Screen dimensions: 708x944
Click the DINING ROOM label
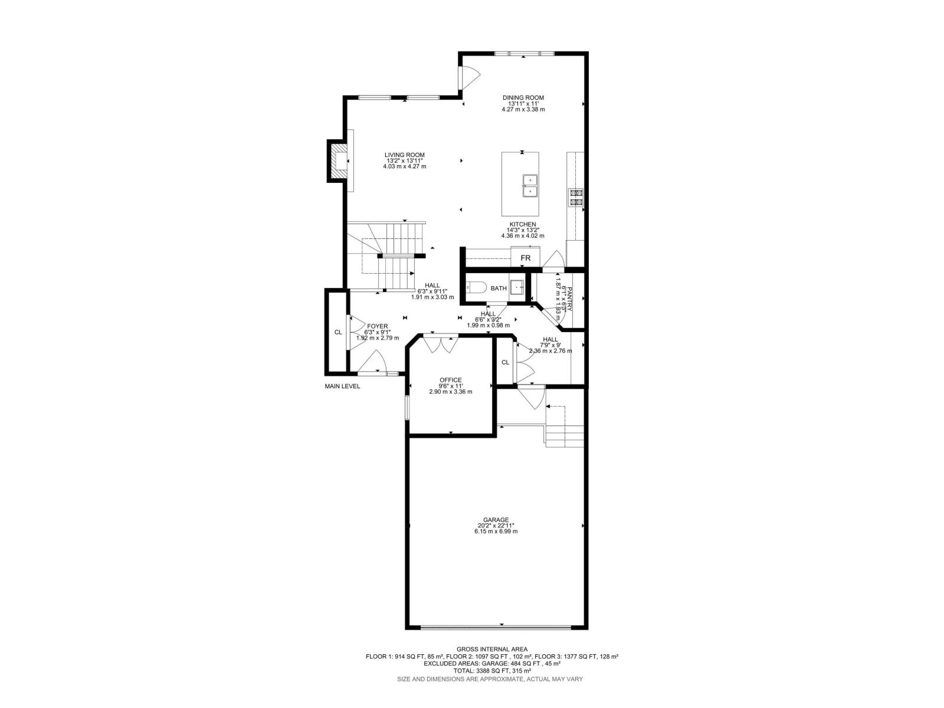(x=523, y=98)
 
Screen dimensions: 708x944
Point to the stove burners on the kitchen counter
(x=575, y=197)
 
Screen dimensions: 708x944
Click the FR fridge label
(x=525, y=258)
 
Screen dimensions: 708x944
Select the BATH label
(x=499, y=289)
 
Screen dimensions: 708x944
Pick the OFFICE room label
(x=450, y=380)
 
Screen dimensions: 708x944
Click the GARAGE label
(x=496, y=520)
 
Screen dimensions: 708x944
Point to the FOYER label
(x=378, y=326)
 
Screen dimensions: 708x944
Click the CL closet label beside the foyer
(x=338, y=332)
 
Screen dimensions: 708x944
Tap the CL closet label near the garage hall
(x=505, y=362)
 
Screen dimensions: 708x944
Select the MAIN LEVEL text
(x=342, y=386)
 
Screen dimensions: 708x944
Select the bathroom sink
(x=517, y=288)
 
